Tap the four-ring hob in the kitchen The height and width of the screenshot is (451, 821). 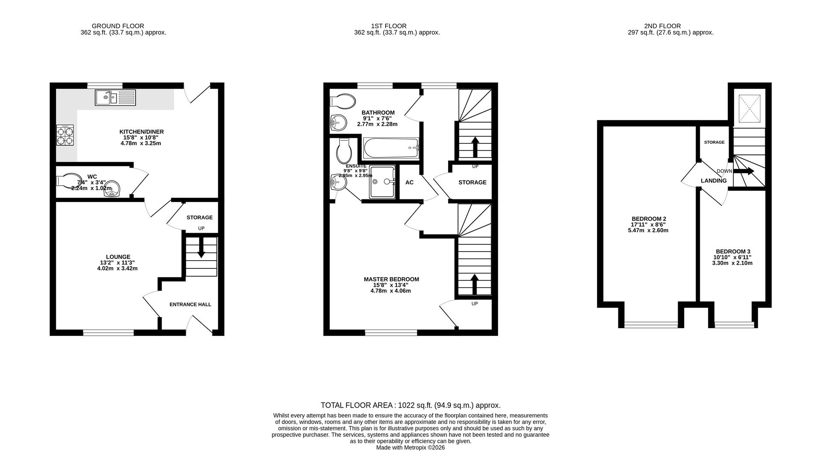[65, 136]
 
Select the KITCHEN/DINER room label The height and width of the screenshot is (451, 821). [141, 132]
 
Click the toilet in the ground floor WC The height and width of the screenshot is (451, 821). [69, 180]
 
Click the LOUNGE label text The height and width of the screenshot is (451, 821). [118, 257]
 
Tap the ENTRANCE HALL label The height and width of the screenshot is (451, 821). [190, 305]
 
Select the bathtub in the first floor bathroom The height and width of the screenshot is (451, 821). [391, 148]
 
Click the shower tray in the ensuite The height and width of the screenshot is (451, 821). [383, 182]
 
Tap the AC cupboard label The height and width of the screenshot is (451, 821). [409, 182]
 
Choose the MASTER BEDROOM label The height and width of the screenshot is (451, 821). [391, 279]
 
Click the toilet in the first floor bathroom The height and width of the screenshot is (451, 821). [343, 101]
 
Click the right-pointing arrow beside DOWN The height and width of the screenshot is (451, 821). [744, 171]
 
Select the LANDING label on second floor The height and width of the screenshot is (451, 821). [714, 181]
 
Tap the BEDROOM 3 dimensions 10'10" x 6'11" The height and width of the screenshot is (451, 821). [733, 258]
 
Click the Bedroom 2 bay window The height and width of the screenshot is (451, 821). [651, 325]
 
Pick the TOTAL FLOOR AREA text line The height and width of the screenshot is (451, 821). [410, 405]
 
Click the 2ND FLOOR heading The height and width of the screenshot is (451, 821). [662, 26]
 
